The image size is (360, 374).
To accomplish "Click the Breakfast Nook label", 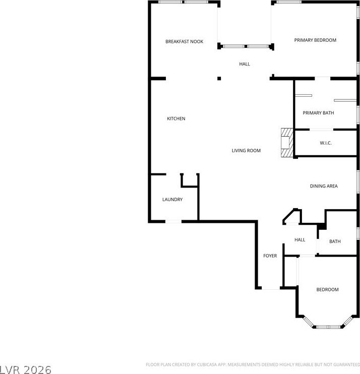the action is click(184, 41).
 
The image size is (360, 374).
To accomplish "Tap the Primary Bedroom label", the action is click(315, 40).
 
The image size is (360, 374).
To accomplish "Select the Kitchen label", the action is click(176, 118).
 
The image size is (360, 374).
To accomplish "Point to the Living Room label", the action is click(246, 151).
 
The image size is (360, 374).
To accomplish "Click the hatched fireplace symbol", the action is click(287, 143).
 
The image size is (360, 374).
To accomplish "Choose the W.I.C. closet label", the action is click(326, 143).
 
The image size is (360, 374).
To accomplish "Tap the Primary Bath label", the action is click(318, 113).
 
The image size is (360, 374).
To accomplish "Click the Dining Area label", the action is click(324, 186).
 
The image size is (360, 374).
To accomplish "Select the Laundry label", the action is click(172, 200).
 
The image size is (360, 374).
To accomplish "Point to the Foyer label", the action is click(270, 256).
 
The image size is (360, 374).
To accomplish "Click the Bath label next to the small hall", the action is click(335, 241).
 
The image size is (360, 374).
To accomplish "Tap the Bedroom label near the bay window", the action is click(327, 289).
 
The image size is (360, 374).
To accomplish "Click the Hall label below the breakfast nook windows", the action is click(245, 64).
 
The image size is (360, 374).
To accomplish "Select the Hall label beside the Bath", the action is click(299, 240).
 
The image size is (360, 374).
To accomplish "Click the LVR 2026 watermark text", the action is click(26, 369).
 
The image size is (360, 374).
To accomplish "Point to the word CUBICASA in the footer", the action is click(207, 365).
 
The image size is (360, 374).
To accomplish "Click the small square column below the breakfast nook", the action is click(219, 78).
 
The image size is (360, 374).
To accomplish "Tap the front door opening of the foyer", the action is click(271, 288).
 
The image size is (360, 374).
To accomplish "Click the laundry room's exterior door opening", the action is click(173, 222).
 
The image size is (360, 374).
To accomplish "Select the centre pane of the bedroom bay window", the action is click(328, 327).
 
